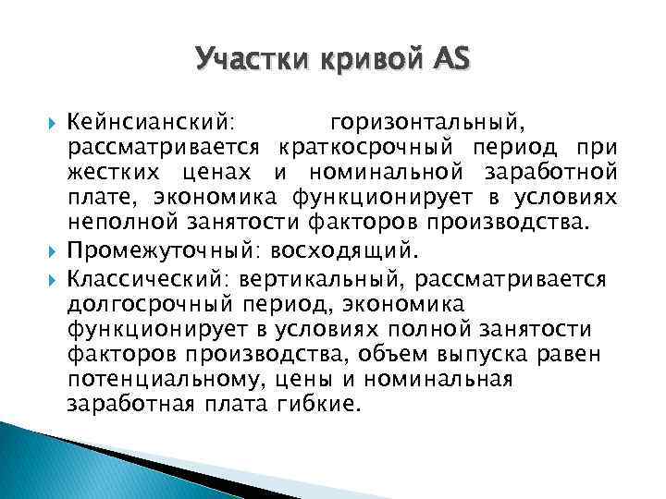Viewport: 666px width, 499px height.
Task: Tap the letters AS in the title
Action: coord(450,62)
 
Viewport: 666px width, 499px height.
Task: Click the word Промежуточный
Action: coord(147,249)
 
